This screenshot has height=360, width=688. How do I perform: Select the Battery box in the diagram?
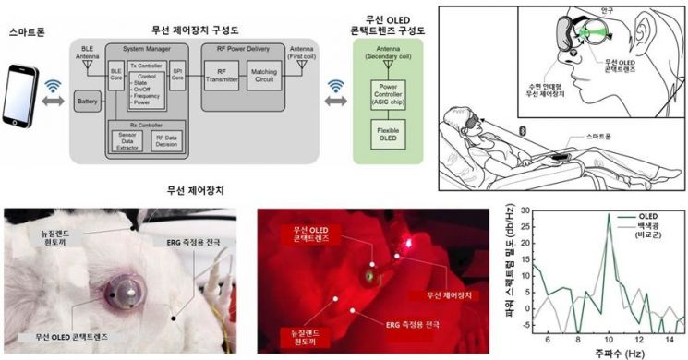point(88,100)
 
